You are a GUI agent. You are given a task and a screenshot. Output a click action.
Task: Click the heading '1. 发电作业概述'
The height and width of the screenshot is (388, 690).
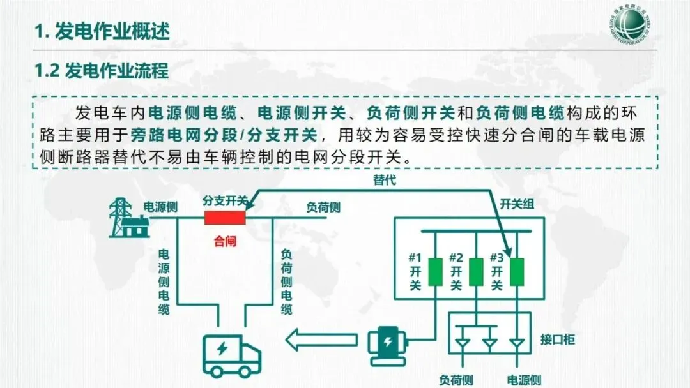(102, 32)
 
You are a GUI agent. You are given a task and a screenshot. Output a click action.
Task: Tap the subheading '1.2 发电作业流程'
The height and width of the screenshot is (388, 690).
(102, 70)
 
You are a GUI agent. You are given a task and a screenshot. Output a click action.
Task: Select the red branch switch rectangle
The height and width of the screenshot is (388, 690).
(225, 218)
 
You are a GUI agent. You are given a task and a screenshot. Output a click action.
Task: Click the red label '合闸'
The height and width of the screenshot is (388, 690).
(225, 242)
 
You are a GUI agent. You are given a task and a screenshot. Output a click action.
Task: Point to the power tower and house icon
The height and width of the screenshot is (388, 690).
(128, 218)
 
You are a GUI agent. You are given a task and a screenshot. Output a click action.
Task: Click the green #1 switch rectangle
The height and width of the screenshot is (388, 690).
(435, 271)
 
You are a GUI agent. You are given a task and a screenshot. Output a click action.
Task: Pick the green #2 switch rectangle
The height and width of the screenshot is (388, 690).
(476, 271)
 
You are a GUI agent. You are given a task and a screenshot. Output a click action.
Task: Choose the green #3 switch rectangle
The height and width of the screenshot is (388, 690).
(516, 271)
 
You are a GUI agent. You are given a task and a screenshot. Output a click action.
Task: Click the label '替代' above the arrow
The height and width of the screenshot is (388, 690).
(385, 180)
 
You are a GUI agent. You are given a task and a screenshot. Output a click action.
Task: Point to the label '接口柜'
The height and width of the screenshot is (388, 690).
(557, 339)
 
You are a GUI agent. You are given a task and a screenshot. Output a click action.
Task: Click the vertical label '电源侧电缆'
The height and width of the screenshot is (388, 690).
(164, 281)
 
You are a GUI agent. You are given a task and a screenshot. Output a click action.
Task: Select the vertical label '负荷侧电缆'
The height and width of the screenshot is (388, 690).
(287, 281)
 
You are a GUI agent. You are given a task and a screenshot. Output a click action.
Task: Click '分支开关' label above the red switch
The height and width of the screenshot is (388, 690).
(224, 200)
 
